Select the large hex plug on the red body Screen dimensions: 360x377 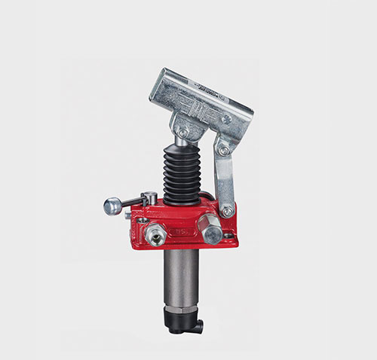(209, 225)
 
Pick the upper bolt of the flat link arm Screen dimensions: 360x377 (222, 150)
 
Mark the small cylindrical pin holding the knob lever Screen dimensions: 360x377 (150, 199)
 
